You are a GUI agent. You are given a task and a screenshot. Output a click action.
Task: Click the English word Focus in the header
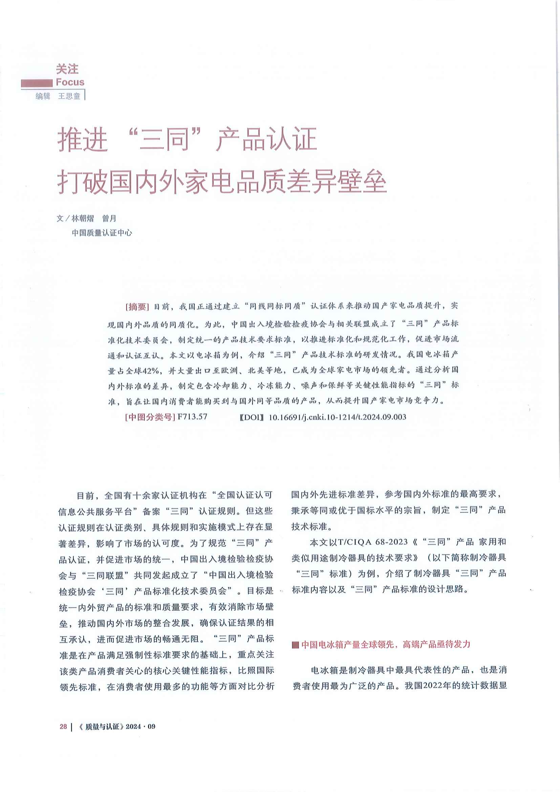(x=70, y=82)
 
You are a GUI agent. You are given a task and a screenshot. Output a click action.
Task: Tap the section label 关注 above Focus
(x=67, y=69)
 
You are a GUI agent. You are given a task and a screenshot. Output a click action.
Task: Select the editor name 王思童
(x=69, y=96)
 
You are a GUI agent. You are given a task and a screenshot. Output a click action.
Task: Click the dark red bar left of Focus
(x=37, y=83)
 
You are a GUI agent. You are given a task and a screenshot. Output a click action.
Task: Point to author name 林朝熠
(x=82, y=218)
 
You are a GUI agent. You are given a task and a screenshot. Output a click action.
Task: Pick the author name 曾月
(x=109, y=218)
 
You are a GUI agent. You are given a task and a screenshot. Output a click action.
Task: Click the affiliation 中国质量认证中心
(x=102, y=233)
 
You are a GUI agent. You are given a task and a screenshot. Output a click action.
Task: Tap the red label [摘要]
(x=137, y=306)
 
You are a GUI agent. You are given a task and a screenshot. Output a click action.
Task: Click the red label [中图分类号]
(x=150, y=417)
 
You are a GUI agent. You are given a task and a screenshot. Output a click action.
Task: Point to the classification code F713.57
(x=192, y=417)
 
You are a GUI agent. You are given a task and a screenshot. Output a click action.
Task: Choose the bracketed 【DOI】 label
(x=251, y=418)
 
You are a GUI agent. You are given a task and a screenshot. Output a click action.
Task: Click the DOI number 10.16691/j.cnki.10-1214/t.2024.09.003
(x=337, y=417)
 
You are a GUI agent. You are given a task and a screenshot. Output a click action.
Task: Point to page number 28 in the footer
(x=63, y=726)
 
